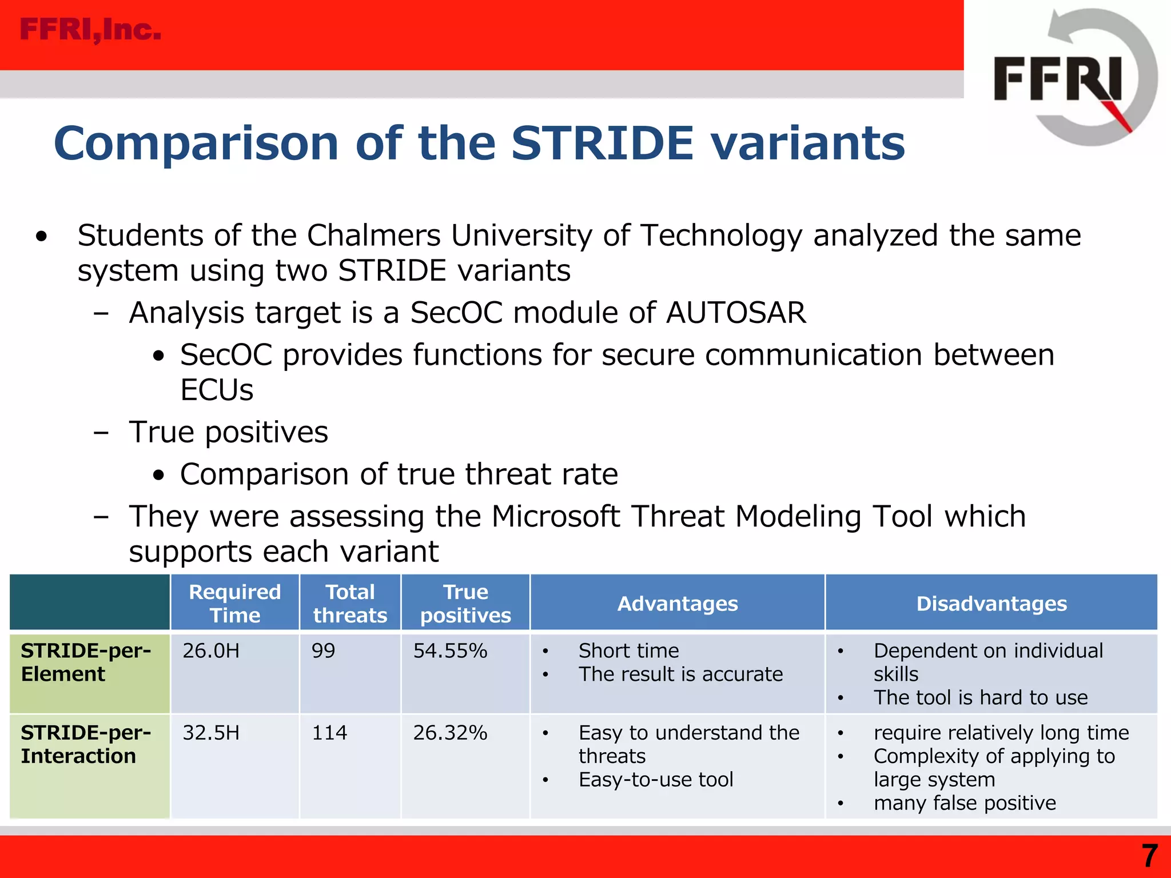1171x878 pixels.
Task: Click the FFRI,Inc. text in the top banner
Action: [90, 30]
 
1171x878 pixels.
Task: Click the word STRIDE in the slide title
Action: [602, 143]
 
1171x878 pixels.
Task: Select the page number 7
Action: [1150, 856]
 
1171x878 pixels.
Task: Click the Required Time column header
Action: [234, 604]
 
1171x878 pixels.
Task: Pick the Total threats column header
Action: [350, 604]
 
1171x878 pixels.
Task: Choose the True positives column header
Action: [465, 604]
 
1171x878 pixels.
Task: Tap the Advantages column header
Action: [678, 604]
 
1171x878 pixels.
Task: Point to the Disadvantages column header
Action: [991, 604]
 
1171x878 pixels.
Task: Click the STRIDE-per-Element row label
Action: [86, 663]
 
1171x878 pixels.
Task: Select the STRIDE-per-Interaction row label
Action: [86, 744]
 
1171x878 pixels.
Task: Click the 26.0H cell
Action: [211, 651]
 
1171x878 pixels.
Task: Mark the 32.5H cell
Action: [211, 733]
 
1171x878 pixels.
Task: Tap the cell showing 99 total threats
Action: [324, 651]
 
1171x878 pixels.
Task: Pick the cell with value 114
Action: [329, 733]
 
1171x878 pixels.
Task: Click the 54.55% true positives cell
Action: [450, 651]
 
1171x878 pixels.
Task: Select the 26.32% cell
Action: [450, 733]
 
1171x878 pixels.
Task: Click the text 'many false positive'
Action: [965, 803]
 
